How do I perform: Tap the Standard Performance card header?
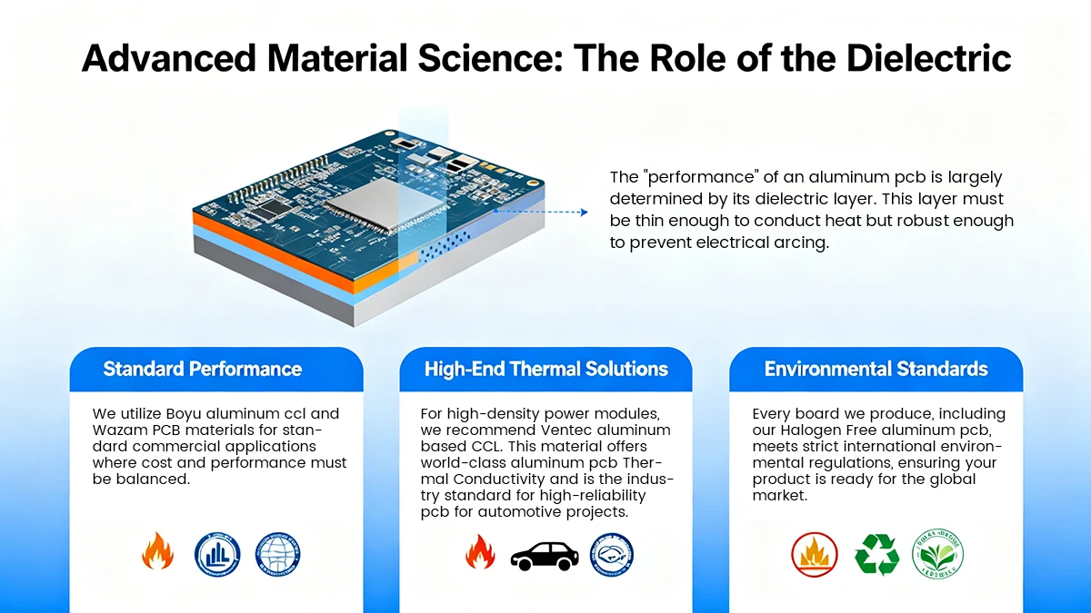click(x=202, y=369)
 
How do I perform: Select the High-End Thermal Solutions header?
click(x=545, y=369)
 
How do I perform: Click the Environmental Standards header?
click(x=876, y=369)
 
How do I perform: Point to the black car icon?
click(x=544, y=554)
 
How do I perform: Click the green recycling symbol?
click(x=876, y=554)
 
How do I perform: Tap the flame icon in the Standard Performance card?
click(x=157, y=552)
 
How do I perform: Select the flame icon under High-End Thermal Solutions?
click(x=479, y=552)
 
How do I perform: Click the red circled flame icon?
click(x=814, y=554)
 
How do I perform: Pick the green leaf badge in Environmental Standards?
click(x=937, y=554)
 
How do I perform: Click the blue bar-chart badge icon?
click(x=217, y=554)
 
